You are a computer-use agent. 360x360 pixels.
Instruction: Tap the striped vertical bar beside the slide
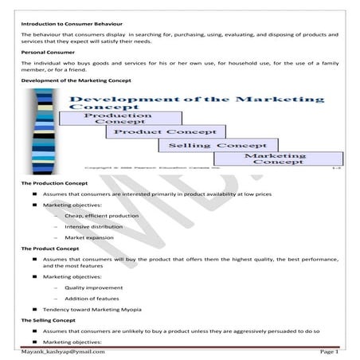[40, 132]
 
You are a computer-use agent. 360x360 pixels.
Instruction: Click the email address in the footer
[63, 351]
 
